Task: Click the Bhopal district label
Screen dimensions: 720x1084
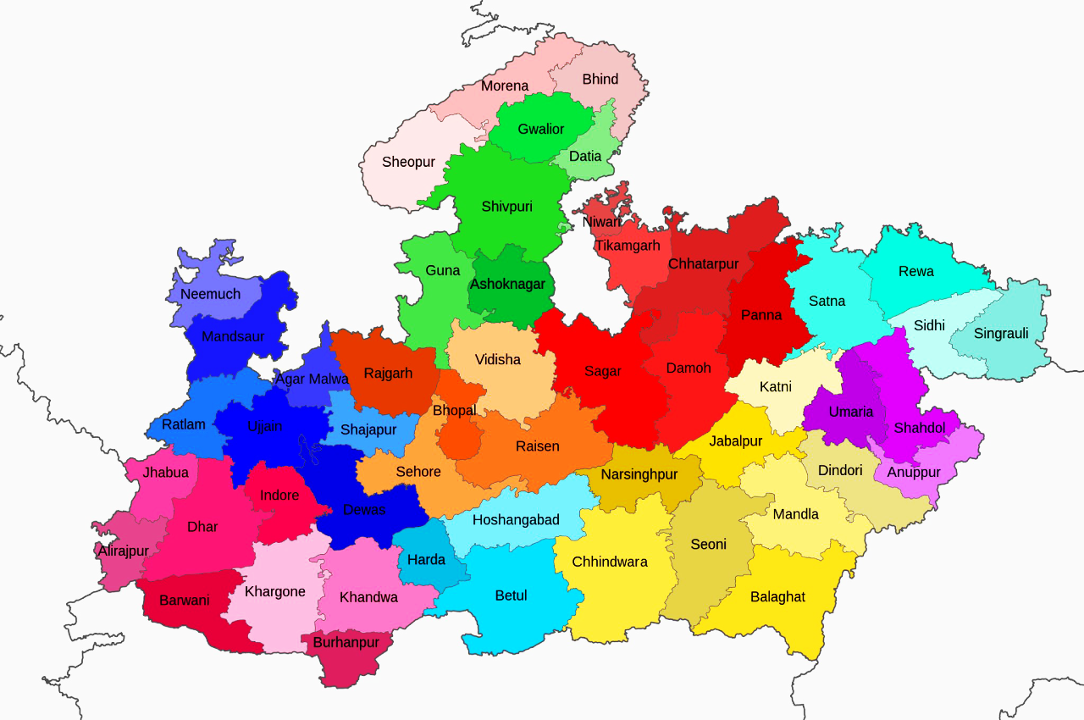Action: [x=455, y=411]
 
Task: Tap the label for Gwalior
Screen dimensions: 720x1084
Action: [x=541, y=129]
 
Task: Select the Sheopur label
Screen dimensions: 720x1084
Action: [x=408, y=162]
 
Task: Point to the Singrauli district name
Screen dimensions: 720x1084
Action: [x=1001, y=334]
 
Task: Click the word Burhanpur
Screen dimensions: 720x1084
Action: [x=346, y=643]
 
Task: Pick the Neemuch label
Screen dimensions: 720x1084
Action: [x=211, y=295]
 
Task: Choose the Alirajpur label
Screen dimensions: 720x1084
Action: [x=124, y=551]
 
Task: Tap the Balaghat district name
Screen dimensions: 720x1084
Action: [x=777, y=597]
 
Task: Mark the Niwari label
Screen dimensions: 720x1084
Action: [x=602, y=222]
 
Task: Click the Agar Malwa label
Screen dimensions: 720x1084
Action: [x=312, y=379]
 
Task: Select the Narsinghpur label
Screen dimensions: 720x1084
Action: [x=639, y=474]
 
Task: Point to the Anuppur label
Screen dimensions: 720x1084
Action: [x=914, y=473]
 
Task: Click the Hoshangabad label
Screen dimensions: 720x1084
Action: [x=516, y=520]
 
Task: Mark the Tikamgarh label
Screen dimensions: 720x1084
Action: [x=627, y=246]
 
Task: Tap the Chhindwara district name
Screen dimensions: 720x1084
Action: [x=610, y=562]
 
